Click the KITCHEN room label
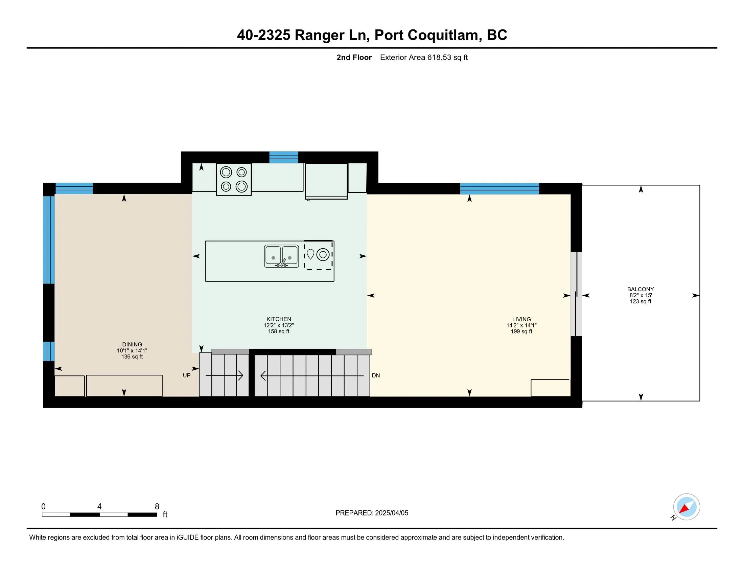pos(279,319)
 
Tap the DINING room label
pos(132,344)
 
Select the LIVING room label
pos(521,319)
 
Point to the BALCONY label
pos(641,289)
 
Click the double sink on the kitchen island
pos(281,256)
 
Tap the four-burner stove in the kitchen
pos(234,179)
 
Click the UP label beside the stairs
pos(187,375)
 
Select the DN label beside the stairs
pos(376,375)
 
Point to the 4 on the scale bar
pos(99,507)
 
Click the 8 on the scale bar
pos(157,507)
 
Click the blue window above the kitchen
pos(284,157)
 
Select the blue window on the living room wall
pos(499,189)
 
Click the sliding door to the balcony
pos(576,294)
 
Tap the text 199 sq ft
pos(521,331)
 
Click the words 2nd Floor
pos(354,57)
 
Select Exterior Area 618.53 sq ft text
pos(424,57)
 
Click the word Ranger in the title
pos(320,35)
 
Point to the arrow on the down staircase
pos(312,376)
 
